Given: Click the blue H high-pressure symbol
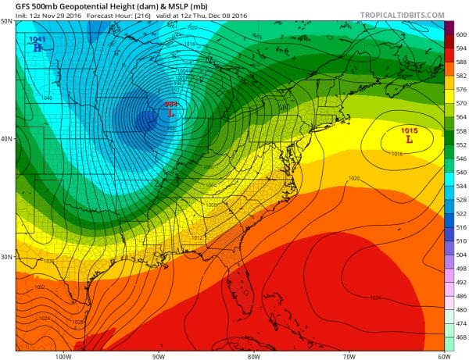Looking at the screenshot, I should pyautogui.click(x=37, y=47).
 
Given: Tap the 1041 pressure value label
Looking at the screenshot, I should pyautogui.click(x=37, y=38).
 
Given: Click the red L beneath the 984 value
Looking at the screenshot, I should pyautogui.click(x=171, y=112).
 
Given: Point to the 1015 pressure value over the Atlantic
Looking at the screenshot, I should pyautogui.click(x=409, y=131).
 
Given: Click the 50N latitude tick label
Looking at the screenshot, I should pyautogui.click(x=7, y=21).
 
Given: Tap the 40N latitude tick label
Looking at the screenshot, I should pyautogui.click(x=7, y=139).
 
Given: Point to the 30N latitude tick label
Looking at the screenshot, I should pyautogui.click(x=7, y=257).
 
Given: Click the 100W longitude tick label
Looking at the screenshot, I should pyautogui.click(x=64, y=355).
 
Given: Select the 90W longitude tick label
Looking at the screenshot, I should pyautogui.click(x=159, y=355).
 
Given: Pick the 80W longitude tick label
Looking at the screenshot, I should pyautogui.click(x=254, y=355).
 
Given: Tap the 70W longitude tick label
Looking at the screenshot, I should pyautogui.click(x=348, y=355).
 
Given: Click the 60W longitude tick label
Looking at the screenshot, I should pyautogui.click(x=442, y=355).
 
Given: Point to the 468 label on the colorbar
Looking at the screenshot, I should pyautogui.click(x=461, y=337).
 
